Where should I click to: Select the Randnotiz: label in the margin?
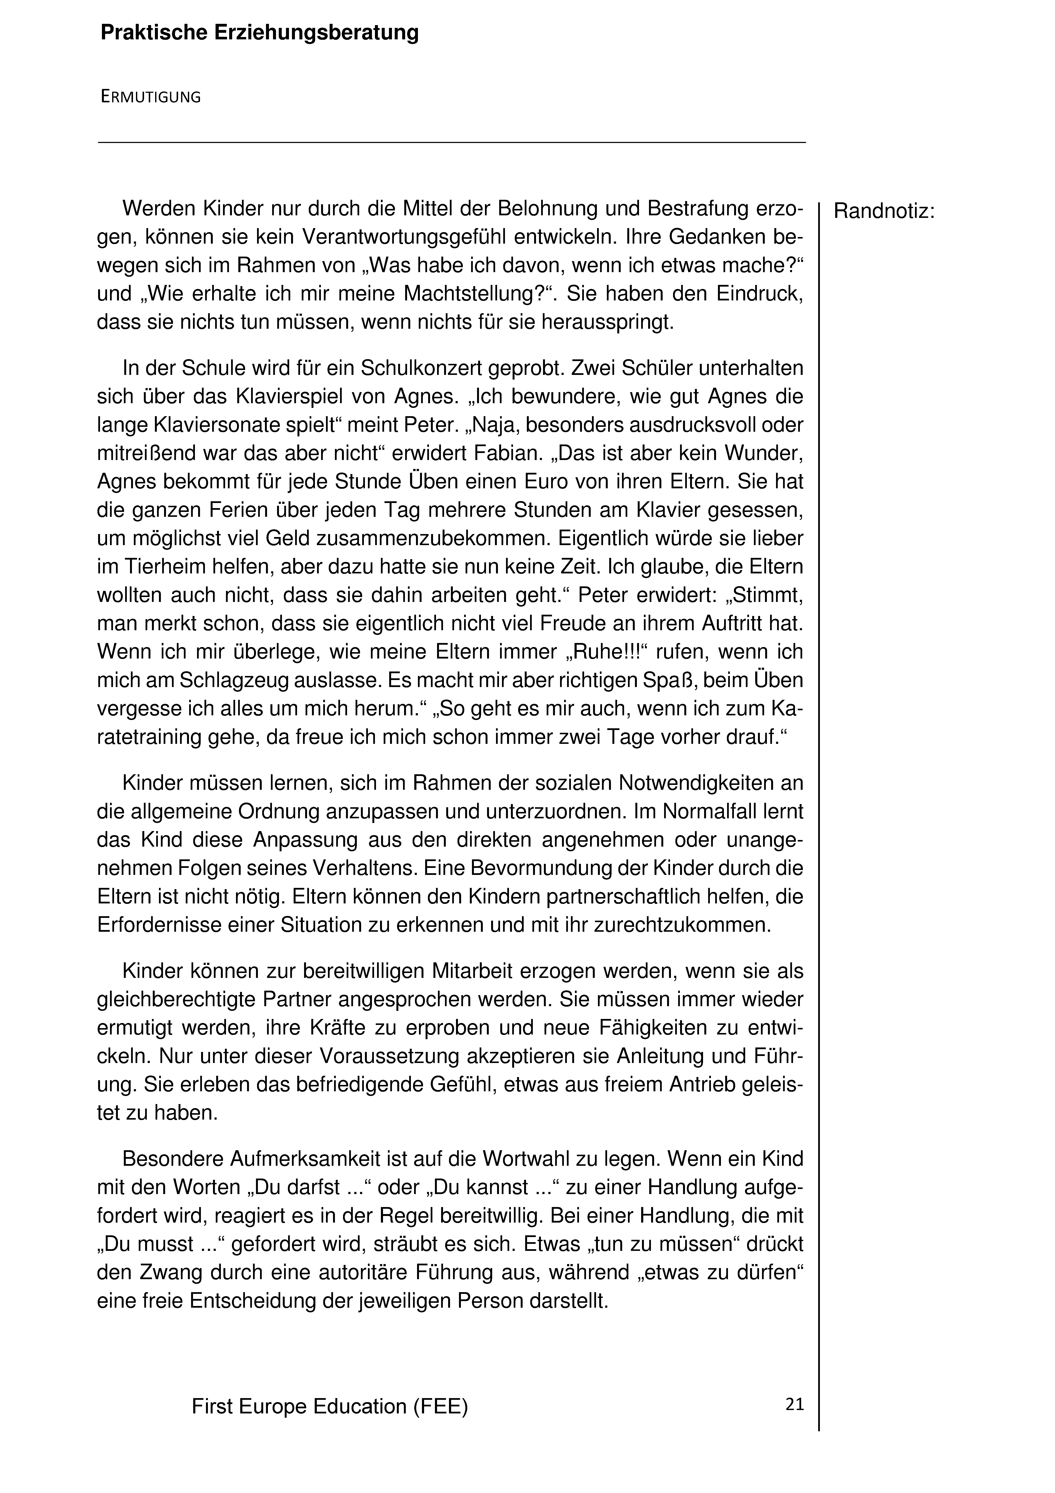(884, 211)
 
